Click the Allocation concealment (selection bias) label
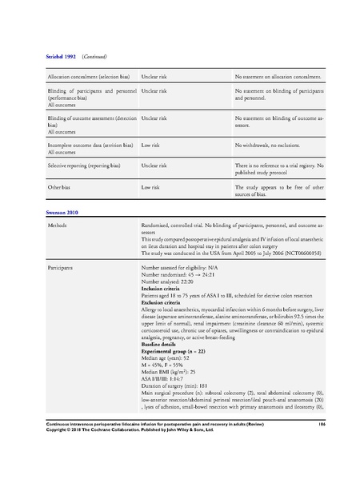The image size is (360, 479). pyautogui.click(x=87, y=77)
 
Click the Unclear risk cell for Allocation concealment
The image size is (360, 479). pyautogui.click(x=155, y=77)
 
